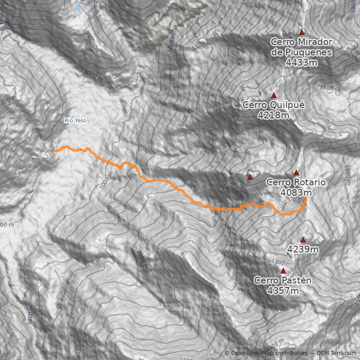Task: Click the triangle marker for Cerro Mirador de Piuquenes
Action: click(x=302, y=32)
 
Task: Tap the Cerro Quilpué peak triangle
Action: click(x=274, y=95)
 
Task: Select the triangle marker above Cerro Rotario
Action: click(x=296, y=172)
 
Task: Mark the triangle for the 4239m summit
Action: click(x=303, y=240)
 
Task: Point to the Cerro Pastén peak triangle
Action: click(x=283, y=270)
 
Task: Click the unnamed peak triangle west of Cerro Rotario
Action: click(x=250, y=177)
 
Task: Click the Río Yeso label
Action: click(x=75, y=121)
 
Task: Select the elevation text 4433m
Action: click(x=301, y=63)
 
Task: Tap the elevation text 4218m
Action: click(x=274, y=116)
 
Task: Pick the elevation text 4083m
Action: click(x=296, y=193)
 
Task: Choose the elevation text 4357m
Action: click(x=283, y=291)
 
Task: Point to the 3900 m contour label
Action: click(x=253, y=42)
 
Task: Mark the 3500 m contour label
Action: click(x=143, y=260)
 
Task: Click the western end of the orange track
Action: click(x=54, y=152)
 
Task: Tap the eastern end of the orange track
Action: click(x=306, y=198)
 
